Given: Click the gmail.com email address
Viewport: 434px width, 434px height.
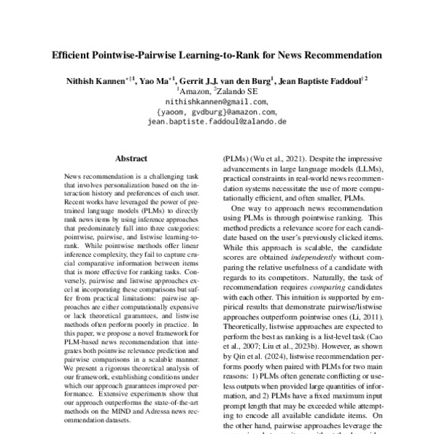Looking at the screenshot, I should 217,103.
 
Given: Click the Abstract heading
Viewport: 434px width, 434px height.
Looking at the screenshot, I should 132,156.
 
